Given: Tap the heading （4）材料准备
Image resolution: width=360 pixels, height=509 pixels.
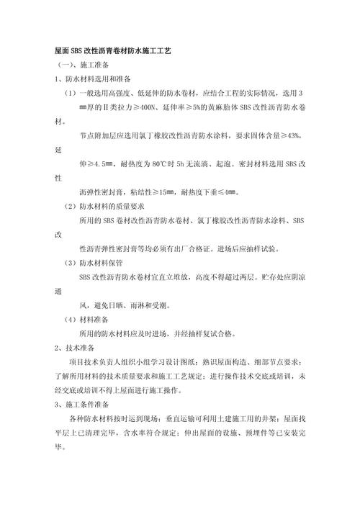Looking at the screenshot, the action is (89, 318).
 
